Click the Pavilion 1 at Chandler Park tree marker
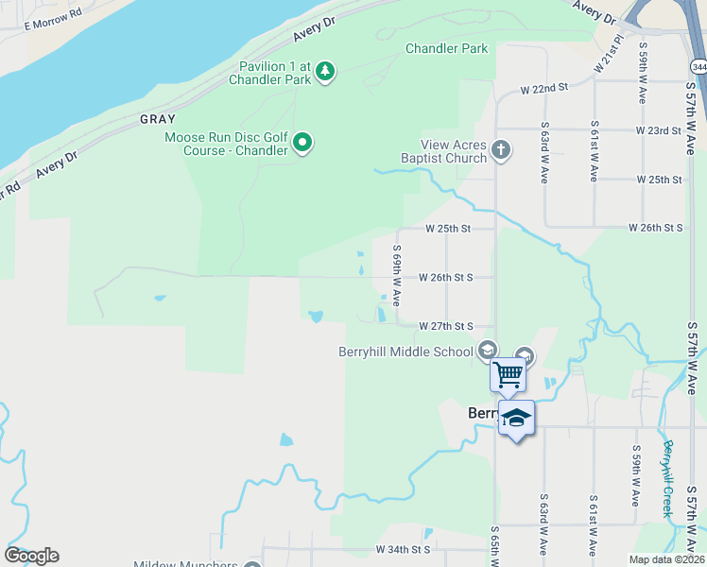click(x=325, y=71)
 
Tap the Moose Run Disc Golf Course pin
click(x=302, y=143)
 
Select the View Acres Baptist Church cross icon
click(x=500, y=149)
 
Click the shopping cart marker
click(x=509, y=374)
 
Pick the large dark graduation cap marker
click(x=516, y=419)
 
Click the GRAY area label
click(x=158, y=119)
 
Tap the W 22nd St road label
click(x=543, y=88)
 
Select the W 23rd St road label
click(x=659, y=130)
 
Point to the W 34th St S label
click(x=403, y=549)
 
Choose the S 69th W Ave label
click(x=397, y=276)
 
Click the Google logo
click(x=31, y=556)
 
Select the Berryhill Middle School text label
click(x=406, y=352)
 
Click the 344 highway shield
click(x=698, y=67)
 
